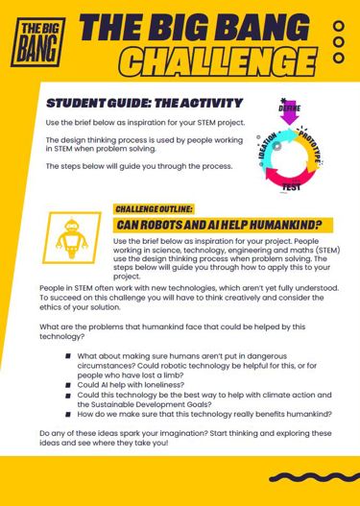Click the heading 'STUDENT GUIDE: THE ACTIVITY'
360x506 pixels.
point(145,103)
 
